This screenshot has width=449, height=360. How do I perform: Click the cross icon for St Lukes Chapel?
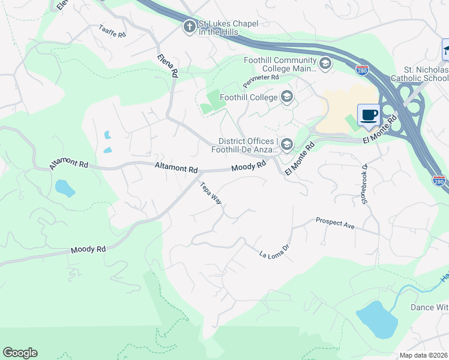[189, 27]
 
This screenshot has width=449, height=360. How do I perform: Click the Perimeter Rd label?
[261, 77]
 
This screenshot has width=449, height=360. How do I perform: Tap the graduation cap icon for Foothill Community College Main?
[325, 64]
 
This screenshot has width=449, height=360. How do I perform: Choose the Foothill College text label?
[249, 97]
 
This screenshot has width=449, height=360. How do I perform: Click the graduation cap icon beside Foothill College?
[287, 97]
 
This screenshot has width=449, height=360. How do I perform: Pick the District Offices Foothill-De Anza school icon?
[287, 144]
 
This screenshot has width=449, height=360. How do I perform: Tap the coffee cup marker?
[369, 114]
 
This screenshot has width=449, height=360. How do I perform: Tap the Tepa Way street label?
[211, 193]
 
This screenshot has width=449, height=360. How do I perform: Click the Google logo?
[20, 353]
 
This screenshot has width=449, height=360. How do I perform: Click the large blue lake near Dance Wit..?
[377, 319]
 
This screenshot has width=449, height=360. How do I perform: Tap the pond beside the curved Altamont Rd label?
[65, 188]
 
